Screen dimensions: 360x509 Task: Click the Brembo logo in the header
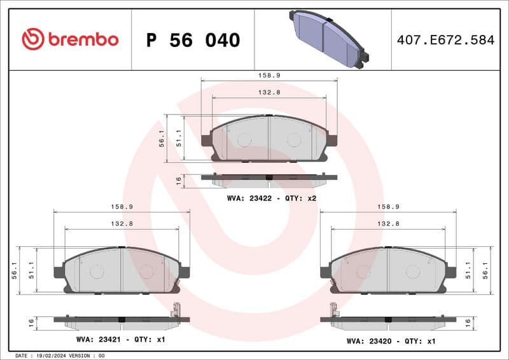pyautogui.click(x=70, y=39)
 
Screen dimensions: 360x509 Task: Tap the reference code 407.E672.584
pyautogui.click(x=445, y=40)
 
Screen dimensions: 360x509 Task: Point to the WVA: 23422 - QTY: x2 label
pyautogui.click(x=272, y=198)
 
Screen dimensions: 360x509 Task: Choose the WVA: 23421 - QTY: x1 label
pyautogui.click(x=120, y=340)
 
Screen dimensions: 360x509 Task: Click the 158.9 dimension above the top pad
pyautogui.click(x=269, y=75)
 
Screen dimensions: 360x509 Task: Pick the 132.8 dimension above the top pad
pyautogui.click(x=269, y=93)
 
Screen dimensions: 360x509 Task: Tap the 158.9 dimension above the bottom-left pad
pyautogui.click(x=122, y=207)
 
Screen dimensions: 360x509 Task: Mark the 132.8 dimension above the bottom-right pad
pyautogui.click(x=388, y=224)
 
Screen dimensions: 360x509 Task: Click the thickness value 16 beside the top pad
pyautogui.click(x=179, y=181)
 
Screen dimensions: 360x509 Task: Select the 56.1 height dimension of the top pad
pyautogui.click(x=162, y=138)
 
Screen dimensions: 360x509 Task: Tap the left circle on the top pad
pyautogui.click(x=243, y=140)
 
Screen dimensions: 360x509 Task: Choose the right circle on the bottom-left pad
pyautogui.click(x=146, y=272)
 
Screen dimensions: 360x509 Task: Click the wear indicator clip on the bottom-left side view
pyautogui.click(x=176, y=311)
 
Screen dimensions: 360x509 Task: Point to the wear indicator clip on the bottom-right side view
pyautogui.click(x=332, y=311)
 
